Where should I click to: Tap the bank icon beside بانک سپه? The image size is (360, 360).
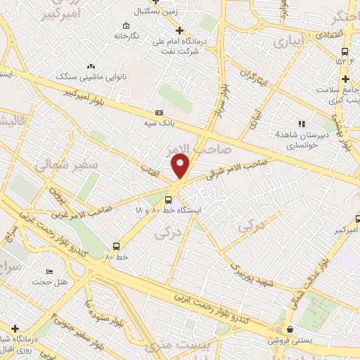[159, 112]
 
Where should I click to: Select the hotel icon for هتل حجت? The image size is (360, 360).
[49, 271]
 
